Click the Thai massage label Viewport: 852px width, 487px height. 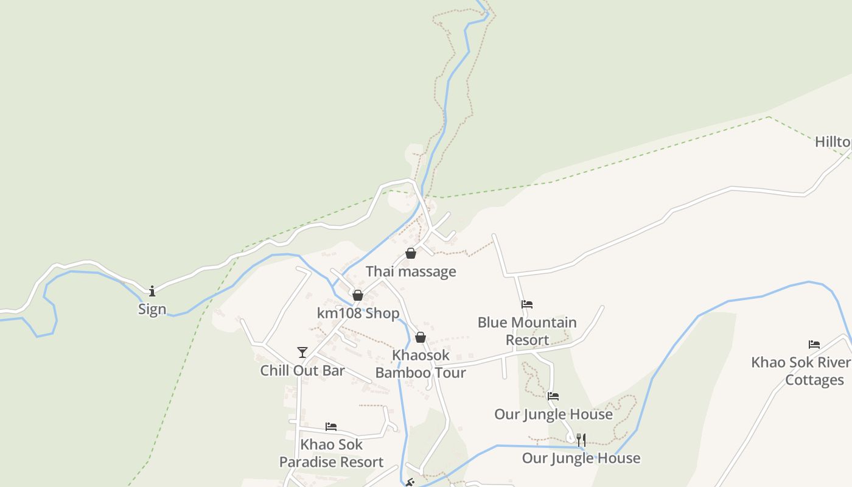click(x=411, y=272)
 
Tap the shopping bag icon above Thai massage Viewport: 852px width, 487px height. click(x=411, y=253)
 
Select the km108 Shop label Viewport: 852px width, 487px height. click(x=358, y=314)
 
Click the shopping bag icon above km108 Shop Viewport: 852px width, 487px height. click(x=358, y=295)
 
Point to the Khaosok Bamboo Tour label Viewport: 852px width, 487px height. click(x=421, y=364)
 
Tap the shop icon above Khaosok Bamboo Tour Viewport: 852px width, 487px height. click(x=421, y=337)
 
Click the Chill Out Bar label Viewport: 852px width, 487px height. click(x=302, y=371)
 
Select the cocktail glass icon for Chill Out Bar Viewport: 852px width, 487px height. click(x=302, y=352)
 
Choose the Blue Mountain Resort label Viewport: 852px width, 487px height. click(x=527, y=331)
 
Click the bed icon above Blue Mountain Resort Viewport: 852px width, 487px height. click(x=527, y=304)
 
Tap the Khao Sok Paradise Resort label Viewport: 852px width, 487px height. click(x=331, y=454)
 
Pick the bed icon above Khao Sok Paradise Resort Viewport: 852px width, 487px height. click(x=331, y=426)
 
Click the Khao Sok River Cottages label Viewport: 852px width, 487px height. click(x=801, y=371)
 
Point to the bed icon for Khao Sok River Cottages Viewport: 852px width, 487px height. click(x=814, y=345)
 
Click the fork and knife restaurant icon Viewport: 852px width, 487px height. click(x=581, y=440)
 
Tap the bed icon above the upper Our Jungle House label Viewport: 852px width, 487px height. click(x=553, y=396)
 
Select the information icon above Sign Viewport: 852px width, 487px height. click(x=152, y=291)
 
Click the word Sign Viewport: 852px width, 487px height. click(x=152, y=309)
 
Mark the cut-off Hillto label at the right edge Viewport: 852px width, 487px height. click(x=833, y=142)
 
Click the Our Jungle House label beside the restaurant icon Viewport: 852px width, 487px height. click(x=581, y=458)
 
